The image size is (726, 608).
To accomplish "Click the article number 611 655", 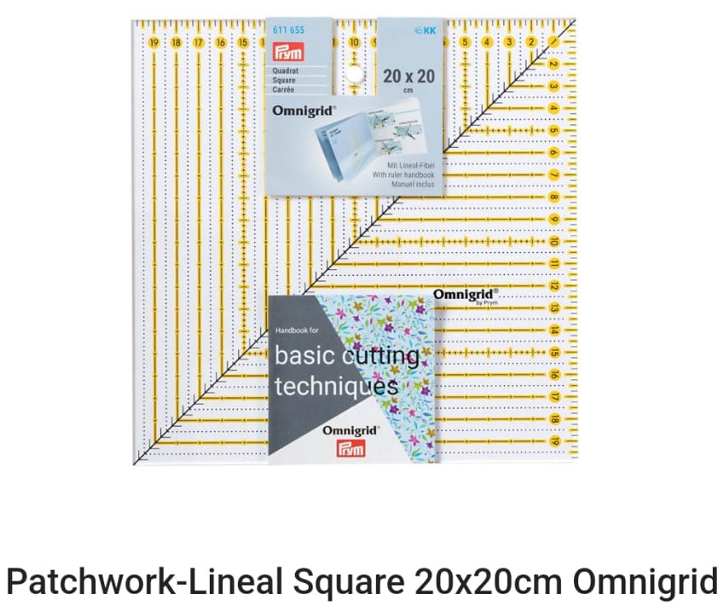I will pyautogui.click(x=288, y=31).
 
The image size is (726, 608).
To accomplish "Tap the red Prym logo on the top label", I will pyautogui.click(x=288, y=53).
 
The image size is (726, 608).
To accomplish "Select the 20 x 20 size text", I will pyautogui.click(x=409, y=77).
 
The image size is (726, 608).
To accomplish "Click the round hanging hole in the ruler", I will pyautogui.click(x=354, y=74).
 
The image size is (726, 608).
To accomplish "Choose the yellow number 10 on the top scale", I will pyautogui.click(x=354, y=42).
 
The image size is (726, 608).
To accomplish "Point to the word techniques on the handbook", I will pyautogui.click(x=336, y=386).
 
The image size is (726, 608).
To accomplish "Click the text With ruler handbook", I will pyautogui.click(x=406, y=175).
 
